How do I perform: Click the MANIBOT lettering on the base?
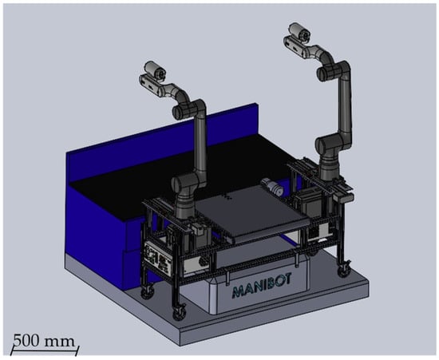click(262, 286)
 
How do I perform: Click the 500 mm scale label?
click(44, 341)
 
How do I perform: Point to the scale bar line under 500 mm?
click(45, 350)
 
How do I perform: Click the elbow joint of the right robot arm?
click(333, 70)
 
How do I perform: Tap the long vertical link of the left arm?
click(201, 148)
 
